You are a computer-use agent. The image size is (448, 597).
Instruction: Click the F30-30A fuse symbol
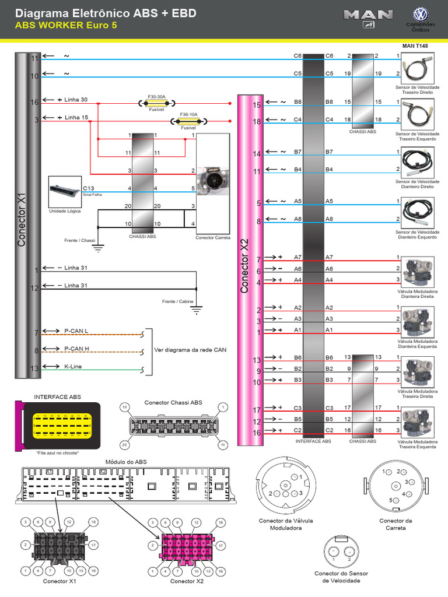click(x=156, y=103)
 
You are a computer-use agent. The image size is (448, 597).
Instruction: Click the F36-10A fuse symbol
click(x=188, y=121)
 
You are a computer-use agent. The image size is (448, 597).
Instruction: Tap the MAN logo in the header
click(x=368, y=19)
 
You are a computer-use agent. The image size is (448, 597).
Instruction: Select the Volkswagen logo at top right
click(x=420, y=16)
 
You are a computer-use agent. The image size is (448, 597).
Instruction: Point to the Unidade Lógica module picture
click(x=65, y=192)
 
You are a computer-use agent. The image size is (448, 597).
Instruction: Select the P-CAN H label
click(x=76, y=349)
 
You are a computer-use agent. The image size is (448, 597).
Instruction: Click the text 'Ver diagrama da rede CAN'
click(x=190, y=350)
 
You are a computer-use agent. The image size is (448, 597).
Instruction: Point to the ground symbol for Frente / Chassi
click(x=98, y=248)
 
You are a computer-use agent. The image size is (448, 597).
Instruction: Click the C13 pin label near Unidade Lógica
click(x=89, y=188)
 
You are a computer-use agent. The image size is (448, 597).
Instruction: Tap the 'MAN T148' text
click(x=415, y=45)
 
